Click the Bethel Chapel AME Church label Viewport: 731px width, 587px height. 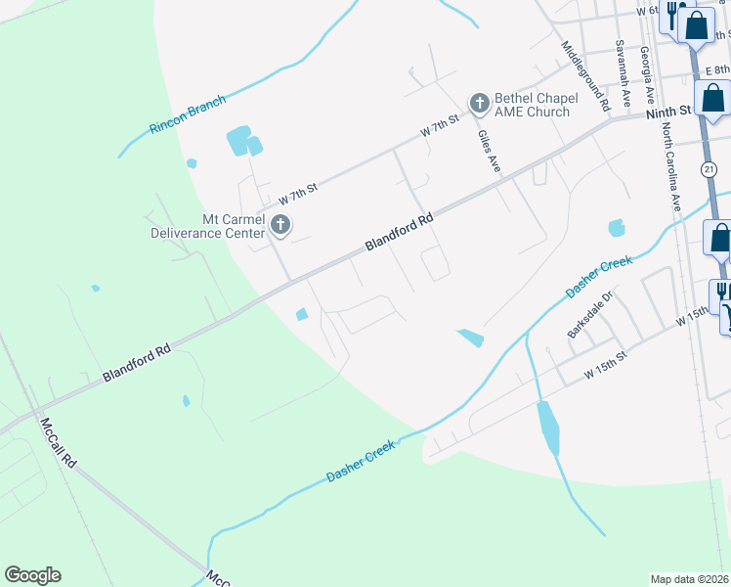tap(532, 105)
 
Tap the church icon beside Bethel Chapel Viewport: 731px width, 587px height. tap(479, 103)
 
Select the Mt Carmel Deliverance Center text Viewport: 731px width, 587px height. tap(207, 226)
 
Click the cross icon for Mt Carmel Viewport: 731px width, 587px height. tap(280, 226)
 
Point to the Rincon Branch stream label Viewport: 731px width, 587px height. tap(188, 114)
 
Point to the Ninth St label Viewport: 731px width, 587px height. tap(669, 113)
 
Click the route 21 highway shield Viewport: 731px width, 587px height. tap(709, 169)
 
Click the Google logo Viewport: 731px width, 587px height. tap(32, 575)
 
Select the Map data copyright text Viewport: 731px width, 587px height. tap(689, 579)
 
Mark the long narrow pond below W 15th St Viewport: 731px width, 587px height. tap(548, 428)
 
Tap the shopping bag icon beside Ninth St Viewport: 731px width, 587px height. tap(714, 99)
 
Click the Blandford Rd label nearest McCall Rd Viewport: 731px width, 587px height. tap(137, 362)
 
